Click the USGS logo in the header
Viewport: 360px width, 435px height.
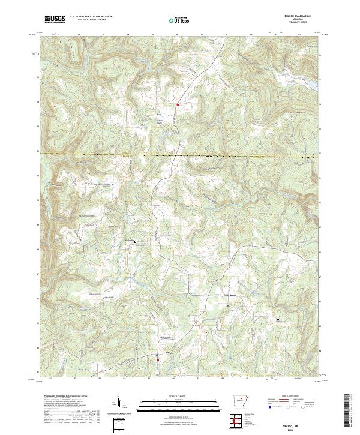[56, 19]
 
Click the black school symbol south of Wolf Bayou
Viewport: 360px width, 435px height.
[229, 307]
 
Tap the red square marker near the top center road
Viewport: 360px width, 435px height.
[178, 104]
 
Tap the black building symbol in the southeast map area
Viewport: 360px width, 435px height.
[278, 319]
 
